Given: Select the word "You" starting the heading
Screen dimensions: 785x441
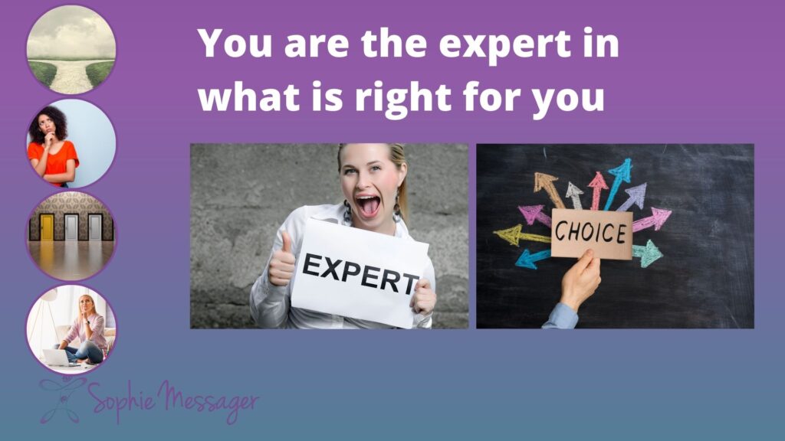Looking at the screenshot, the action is tap(235, 43).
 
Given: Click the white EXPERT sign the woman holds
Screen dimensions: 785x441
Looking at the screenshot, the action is tap(360, 273).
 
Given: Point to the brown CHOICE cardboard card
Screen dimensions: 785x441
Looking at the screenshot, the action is tap(591, 234).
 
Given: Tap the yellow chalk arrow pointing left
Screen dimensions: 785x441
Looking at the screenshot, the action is tap(521, 235).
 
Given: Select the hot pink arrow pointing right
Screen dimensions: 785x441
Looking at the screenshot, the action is tap(652, 220).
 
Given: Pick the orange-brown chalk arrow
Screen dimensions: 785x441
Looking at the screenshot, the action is tap(549, 189).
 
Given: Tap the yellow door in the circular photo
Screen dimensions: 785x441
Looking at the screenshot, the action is tap(47, 227).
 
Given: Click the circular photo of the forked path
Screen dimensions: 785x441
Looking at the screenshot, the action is tap(71, 50).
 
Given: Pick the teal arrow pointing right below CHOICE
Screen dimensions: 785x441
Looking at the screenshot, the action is tap(647, 253).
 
